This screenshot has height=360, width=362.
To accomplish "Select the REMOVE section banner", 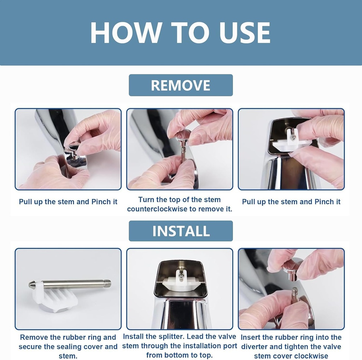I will (x=181, y=85).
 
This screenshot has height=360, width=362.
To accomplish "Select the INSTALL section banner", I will (x=181, y=231).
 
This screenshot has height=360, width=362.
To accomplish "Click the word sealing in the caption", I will (x=74, y=347).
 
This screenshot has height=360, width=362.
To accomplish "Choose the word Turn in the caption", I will (x=146, y=200).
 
